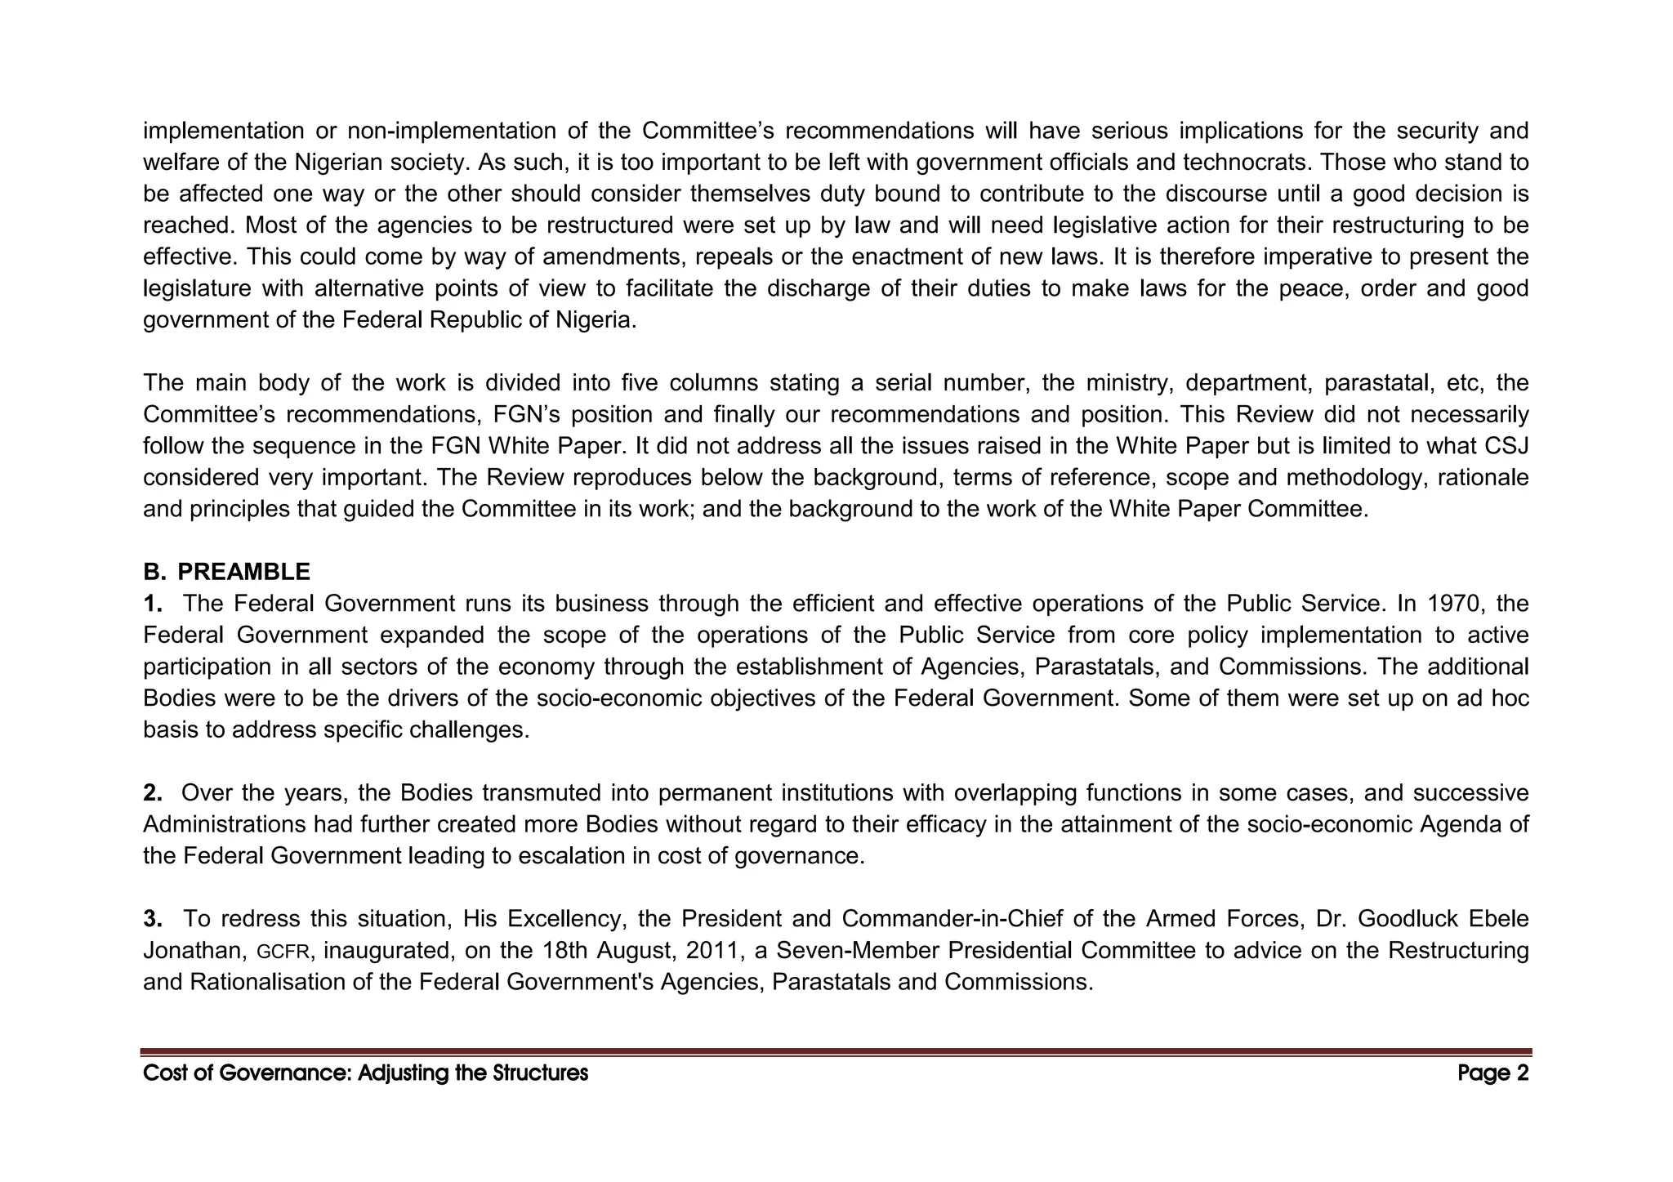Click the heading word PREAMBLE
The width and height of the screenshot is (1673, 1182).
coord(243,572)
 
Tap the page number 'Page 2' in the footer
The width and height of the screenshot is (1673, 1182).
coord(1492,1073)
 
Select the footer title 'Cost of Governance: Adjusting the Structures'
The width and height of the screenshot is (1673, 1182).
coord(365,1073)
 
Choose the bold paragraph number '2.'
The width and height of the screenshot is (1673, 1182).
coord(152,793)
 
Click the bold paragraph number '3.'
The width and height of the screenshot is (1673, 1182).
coord(152,919)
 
